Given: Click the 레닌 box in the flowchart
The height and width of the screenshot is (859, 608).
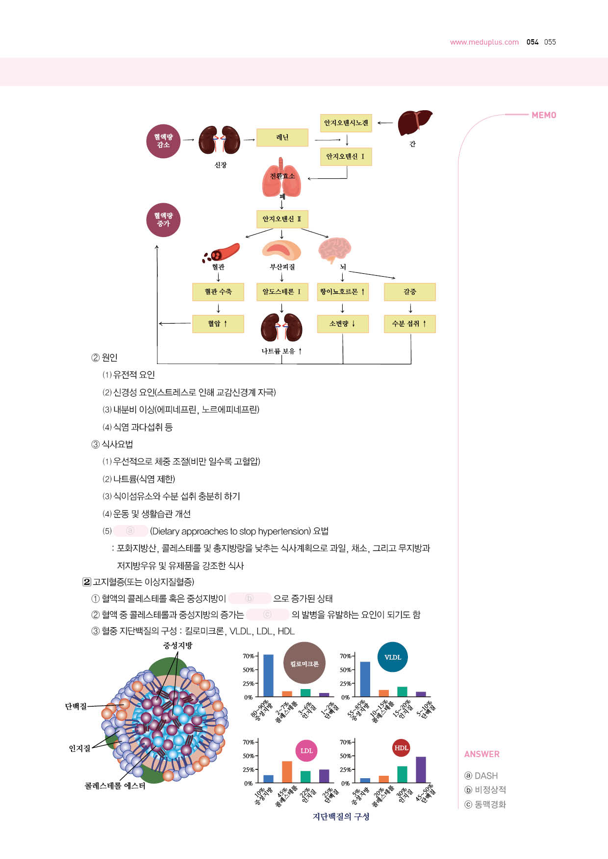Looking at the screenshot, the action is tap(282, 138).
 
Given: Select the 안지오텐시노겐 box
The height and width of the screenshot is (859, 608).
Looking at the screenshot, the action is tap(346, 123).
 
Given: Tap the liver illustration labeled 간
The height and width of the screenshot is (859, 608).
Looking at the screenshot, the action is tap(415, 123).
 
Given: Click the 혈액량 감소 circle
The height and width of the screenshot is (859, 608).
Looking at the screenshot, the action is tap(163, 141).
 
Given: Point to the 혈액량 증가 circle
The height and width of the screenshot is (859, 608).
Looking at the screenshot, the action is tap(163, 220).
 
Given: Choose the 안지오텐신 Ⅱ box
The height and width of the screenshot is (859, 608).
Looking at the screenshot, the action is tap(282, 219).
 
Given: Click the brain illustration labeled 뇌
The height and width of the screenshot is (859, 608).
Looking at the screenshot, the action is tap(335, 250).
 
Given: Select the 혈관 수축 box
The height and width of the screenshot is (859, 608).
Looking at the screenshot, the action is tap(218, 292).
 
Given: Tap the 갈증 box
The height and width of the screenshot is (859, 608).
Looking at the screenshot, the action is tap(410, 292).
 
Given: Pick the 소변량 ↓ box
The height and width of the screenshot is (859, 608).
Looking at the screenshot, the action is tap(343, 324).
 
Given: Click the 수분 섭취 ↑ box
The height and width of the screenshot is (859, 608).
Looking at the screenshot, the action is tap(410, 324).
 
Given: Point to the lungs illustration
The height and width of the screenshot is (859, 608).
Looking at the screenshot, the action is tap(282, 178).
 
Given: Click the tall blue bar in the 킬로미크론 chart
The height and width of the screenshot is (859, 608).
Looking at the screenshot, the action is tap(268, 675).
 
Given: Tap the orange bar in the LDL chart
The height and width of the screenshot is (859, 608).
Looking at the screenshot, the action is tap(287, 772).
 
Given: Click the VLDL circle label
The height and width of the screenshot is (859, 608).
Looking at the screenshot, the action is tap(393, 657).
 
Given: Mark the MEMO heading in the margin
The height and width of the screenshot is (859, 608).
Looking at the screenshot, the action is tap(544, 115).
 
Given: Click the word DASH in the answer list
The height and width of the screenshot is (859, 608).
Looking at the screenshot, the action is tap(486, 776).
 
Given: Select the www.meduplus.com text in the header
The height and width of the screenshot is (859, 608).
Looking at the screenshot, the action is tap(484, 42).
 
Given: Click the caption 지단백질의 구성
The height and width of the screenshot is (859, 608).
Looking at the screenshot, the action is tap(341, 816).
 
